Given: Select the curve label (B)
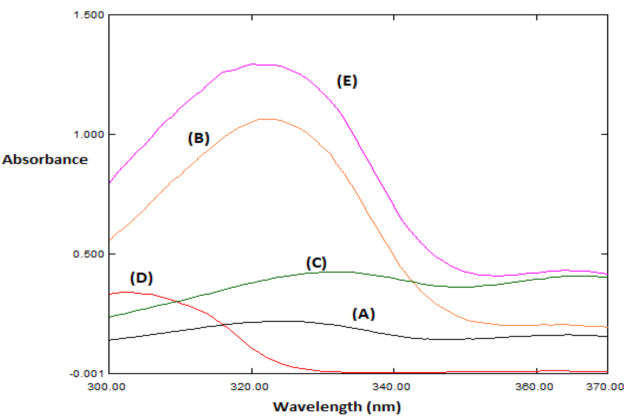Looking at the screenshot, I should pos(198,139).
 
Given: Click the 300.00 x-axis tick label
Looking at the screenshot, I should pos(106,387).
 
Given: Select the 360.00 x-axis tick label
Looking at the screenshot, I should pos(534,387).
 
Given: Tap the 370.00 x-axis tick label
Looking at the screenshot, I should pos(605,387).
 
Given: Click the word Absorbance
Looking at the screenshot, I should pos(45,160).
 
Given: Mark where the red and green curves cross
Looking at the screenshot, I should pos(177,302).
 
